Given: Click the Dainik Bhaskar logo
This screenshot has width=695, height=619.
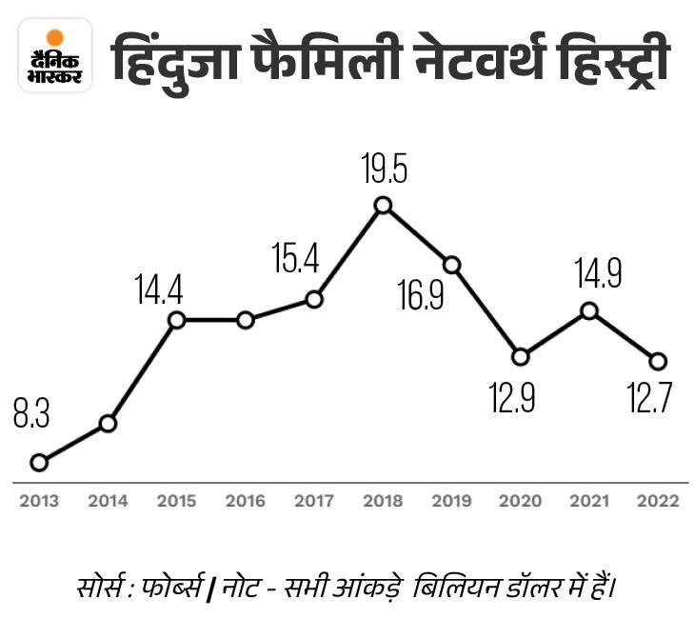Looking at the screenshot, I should click(x=55, y=59).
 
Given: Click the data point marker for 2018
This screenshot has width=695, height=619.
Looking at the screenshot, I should click(x=383, y=205).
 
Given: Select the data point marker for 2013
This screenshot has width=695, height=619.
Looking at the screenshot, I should click(x=39, y=462).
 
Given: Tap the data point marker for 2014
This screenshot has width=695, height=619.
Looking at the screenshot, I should click(x=108, y=423).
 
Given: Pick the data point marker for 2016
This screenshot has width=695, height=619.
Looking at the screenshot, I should click(x=246, y=320).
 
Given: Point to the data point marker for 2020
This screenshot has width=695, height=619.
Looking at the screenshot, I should click(x=520, y=357).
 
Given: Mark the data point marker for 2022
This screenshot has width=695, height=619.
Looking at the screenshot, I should click(x=657, y=361).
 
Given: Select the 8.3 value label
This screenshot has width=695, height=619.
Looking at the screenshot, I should click(x=31, y=417).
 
